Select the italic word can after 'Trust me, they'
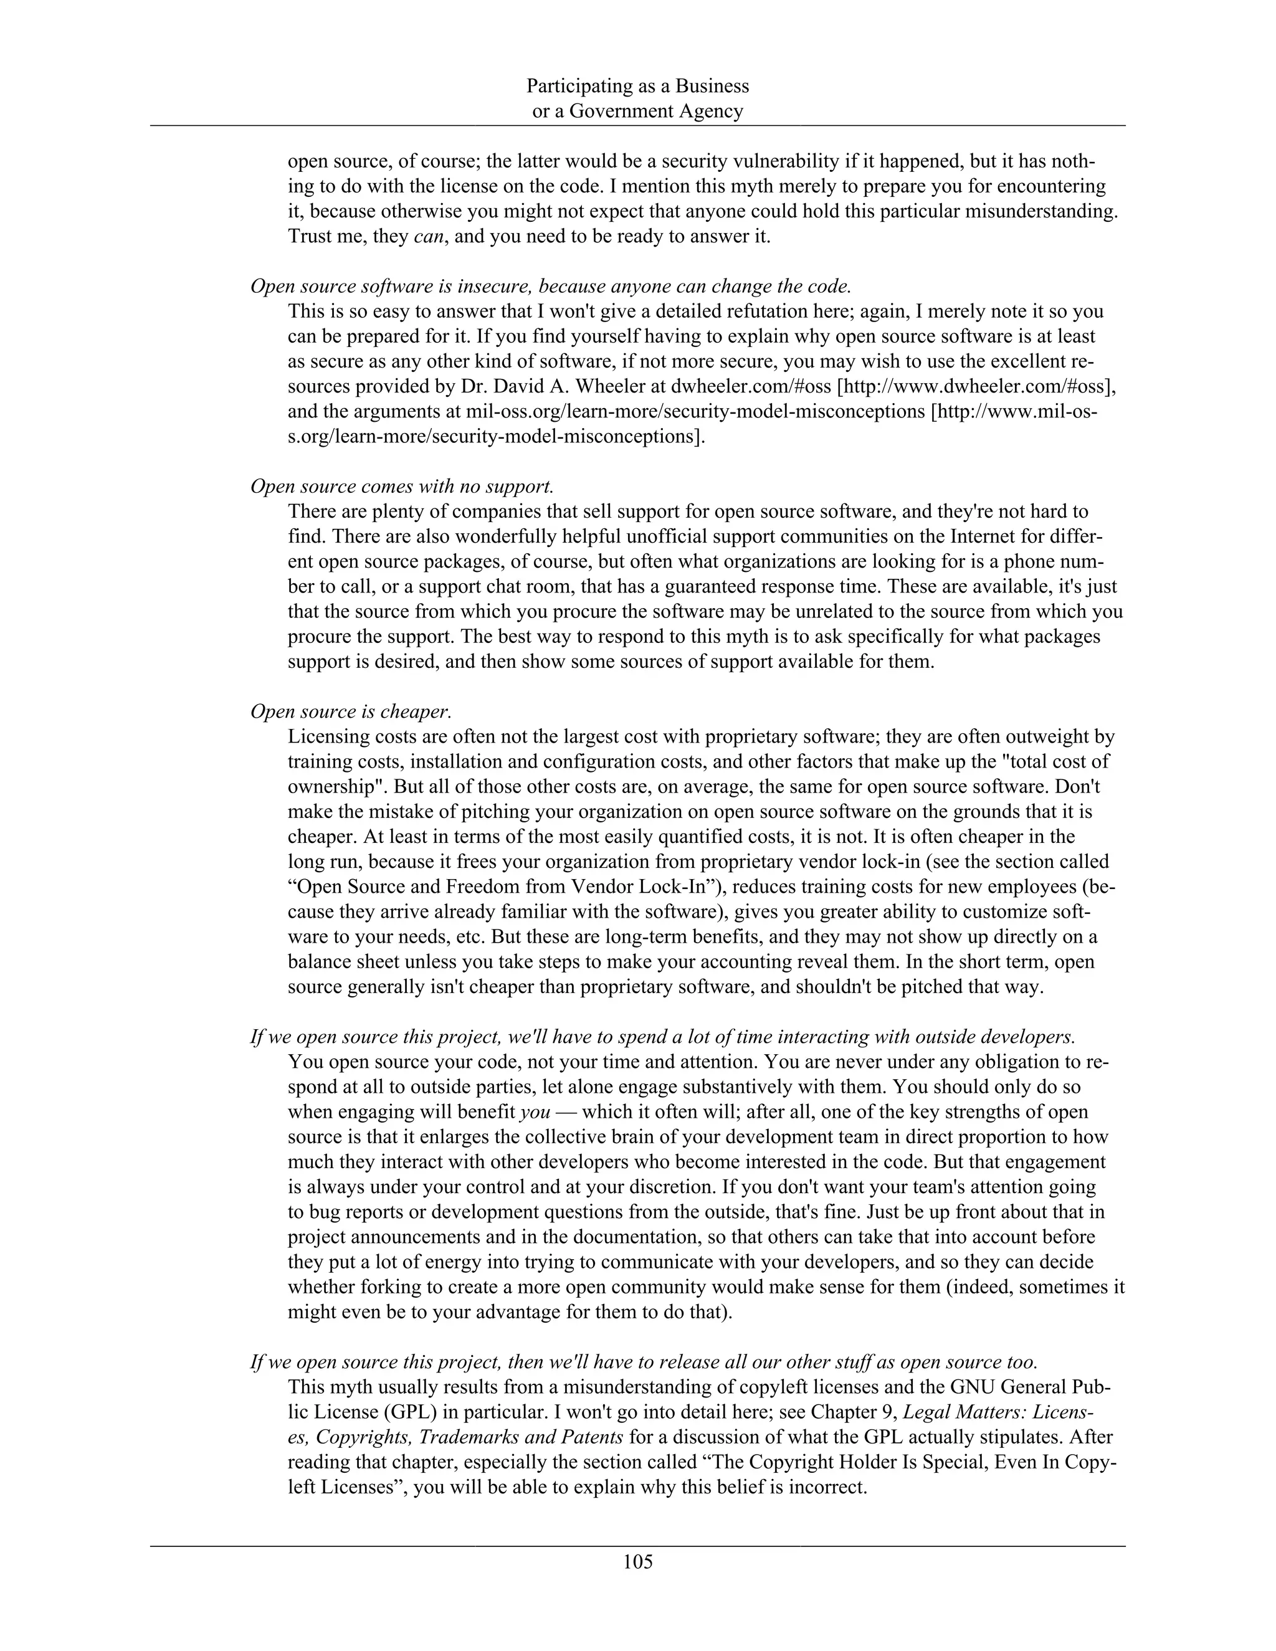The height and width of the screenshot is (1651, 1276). (x=428, y=237)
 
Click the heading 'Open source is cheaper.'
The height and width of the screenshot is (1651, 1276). (x=351, y=711)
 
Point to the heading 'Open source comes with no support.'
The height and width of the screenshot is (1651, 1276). (x=402, y=486)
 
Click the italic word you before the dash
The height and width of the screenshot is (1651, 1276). (x=535, y=1112)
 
